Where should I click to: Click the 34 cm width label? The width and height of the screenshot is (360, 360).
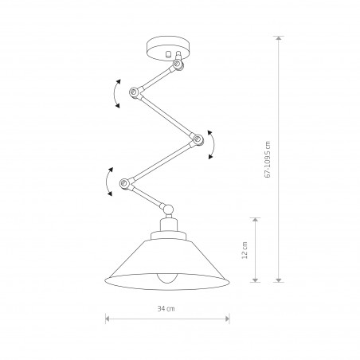[166, 309]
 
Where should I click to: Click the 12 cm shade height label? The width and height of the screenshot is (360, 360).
[245, 250]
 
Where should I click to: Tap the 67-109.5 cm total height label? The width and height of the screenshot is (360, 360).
[268, 159]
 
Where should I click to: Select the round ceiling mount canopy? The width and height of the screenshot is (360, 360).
[168, 49]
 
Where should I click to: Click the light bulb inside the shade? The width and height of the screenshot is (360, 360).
[166, 278]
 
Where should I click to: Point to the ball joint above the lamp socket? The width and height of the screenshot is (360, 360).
[168, 209]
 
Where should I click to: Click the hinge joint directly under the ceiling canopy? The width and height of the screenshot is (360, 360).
[178, 64]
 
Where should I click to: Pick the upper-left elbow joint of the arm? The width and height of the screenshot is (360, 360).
[134, 92]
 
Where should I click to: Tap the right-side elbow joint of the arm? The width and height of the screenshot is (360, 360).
[198, 139]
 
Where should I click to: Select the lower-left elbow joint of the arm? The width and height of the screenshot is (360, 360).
[124, 183]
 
